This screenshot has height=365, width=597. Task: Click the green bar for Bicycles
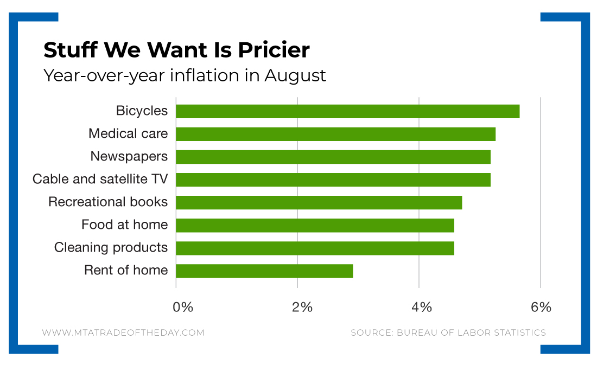(x=347, y=111)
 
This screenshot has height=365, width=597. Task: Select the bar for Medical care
(x=335, y=134)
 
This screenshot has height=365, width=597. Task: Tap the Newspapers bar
(x=333, y=157)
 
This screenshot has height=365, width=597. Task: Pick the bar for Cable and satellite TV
(x=333, y=180)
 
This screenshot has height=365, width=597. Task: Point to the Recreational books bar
(x=319, y=202)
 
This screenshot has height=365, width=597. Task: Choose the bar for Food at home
(x=315, y=225)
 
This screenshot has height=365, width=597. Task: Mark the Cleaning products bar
(x=315, y=248)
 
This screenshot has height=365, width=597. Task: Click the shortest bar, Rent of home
(x=264, y=271)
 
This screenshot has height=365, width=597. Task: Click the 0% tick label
(x=183, y=307)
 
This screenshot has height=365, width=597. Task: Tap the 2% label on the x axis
(x=302, y=307)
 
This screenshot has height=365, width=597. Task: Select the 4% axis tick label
(x=422, y=307)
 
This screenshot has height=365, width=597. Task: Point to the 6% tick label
(x=541, y=307)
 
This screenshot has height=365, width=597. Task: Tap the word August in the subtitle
(x=295, y=75)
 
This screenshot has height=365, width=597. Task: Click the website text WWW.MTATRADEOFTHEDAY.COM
(x=123, y=332)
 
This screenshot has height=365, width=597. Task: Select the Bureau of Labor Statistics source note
(x=448, y=332)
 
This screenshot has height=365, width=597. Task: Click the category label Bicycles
(x=142, y=111)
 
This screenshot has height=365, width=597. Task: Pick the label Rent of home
(x=126, y=270)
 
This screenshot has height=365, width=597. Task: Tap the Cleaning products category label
(x=111, y=247)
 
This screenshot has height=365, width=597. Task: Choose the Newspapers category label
(x=129, y=156)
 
